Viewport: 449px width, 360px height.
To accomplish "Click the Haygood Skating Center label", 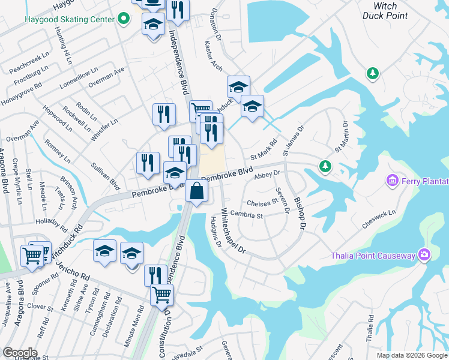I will pyautogui.click(x=70, y=19).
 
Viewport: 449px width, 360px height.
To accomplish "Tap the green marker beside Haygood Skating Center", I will pyautogui.click(x=124, y=19).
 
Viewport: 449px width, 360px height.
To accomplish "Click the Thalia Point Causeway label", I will pyautogui.click(x=373, y=256).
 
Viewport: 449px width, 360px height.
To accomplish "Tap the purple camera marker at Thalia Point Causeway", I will pyautogui.click(x=425, y=256).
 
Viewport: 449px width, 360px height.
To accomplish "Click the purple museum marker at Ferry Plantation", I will pyautogui.click(x=394, y=180).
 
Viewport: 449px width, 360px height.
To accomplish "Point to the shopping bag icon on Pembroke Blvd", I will pyautogui.click(x=196, y=192).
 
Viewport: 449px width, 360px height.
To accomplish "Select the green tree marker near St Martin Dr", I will pyautogui.click(x=325, y=165).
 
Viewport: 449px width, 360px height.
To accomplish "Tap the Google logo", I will pyautogui.click(x=20, y=353).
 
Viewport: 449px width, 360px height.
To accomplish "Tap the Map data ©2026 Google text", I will pyautogui.click(x=411, y=355).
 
